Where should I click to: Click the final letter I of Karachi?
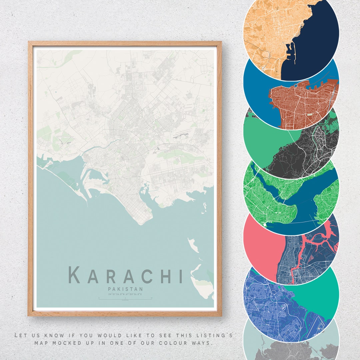point(181,275)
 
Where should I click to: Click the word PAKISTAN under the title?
point(125,289)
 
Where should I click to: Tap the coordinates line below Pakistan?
point(125,294)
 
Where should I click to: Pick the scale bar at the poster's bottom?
point(125,299)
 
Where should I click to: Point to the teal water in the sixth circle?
point(317,293)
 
